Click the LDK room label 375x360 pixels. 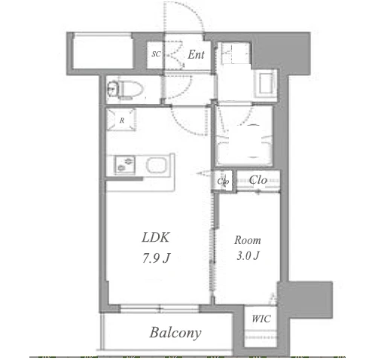pyautogui.click(x=156, y=237)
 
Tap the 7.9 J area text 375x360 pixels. pyautogui.click(x=157, y=258)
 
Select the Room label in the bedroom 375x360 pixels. pyautogui.click(x=248, y=240)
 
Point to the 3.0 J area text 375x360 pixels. pyautogui.click(x=248, y=255)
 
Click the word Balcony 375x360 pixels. pyautogui.click(x=175, y=333)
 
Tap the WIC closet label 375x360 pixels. pyautogui.click(x=261, y=319)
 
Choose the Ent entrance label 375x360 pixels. pyautogui.click(x=196, y=54)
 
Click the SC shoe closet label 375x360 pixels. pyautogui.click(x=156, y=54)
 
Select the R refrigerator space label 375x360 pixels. pyautogui.click(x=122, y=121)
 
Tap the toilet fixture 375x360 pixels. pyautogui.click(x=130, y=90)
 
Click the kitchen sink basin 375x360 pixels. pyautogui.click(x=156, y=165)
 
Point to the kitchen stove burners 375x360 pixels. pyautogui.click(x=125, y=164)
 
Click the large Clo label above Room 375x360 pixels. pyautogui.click(x=258, y=180)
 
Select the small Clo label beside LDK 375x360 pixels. pyautogui.click(x=223, y=181)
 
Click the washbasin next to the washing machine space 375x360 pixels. pyautogui.click(x=265, y=84)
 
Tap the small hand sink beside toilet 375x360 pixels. pyautogui.click(x=112, y=89)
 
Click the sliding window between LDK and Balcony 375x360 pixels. pyautogui.click(x=160, y=308)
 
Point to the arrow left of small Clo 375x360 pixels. pyautogui.click(x=203, y=173)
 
